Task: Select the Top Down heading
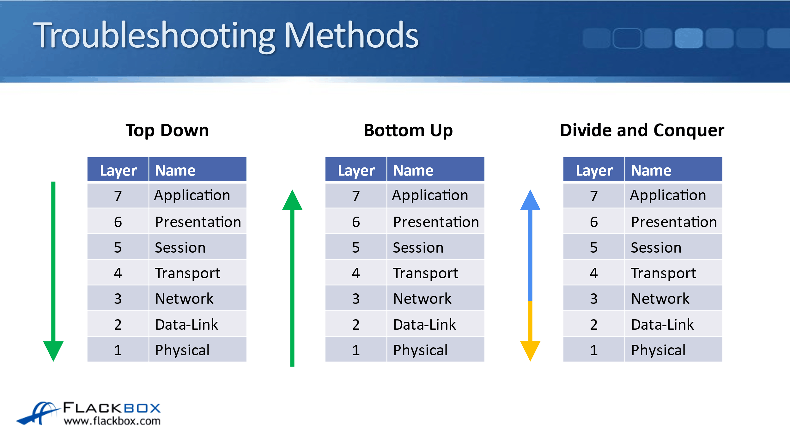click(x=167, y=130)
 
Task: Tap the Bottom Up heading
click(x=408, y=130)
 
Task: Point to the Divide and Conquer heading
click(x=642, y=130)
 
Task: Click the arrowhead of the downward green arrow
click(x=53, y=350)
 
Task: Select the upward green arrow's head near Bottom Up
click(x=292, y=201)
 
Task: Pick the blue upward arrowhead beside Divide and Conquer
click(x=530, y=201)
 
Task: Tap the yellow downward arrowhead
click(x=530, y=350)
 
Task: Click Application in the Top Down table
click(x=192, y=195)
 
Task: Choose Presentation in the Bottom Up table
click(x=436, y=222)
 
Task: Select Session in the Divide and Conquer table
click(x=656, y=247)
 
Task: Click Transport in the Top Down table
click(x=187, y=273)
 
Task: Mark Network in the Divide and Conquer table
click(x=660, y=298)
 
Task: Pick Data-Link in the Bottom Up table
click(x=424, y=324)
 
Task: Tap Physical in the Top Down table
click(x=182, y=350)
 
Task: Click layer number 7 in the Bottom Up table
click(x=356, y=196)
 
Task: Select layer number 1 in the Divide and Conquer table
click(x=594, y=350)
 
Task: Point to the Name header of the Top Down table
click(x=175, y=171)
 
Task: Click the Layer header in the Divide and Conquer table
click(x=594, y=171)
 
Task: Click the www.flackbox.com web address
click(x=112, y=421)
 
